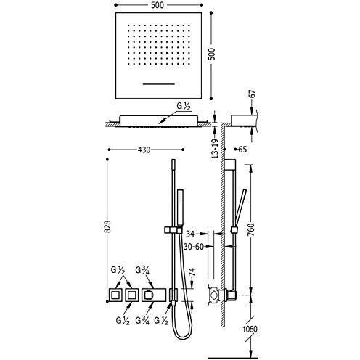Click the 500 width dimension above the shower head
[x=157, y=5]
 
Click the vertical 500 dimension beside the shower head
[x=211, y=54]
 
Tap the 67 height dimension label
[x=252, y=94]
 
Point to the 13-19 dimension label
[x=215, y=149]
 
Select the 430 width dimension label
[x=144, y=150]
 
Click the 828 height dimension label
[x=108, y=226]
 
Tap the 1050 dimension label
[x=250, y=329]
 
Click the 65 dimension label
[x=242, y=150]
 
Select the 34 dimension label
[x=190, y=234]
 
